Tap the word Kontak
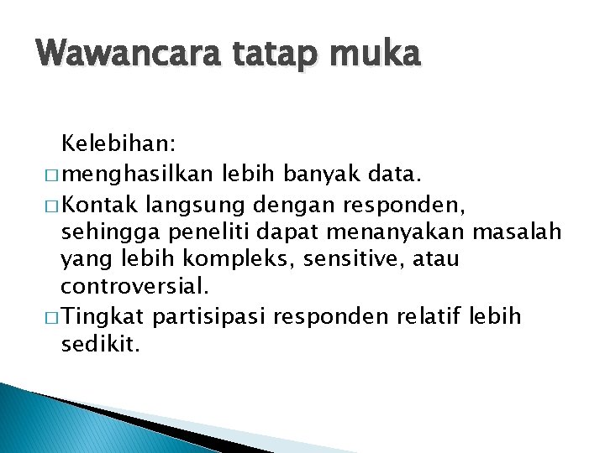pyautogui.click(x=101, y=205)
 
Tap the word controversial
pyautogui.click(x=133, y=287)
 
